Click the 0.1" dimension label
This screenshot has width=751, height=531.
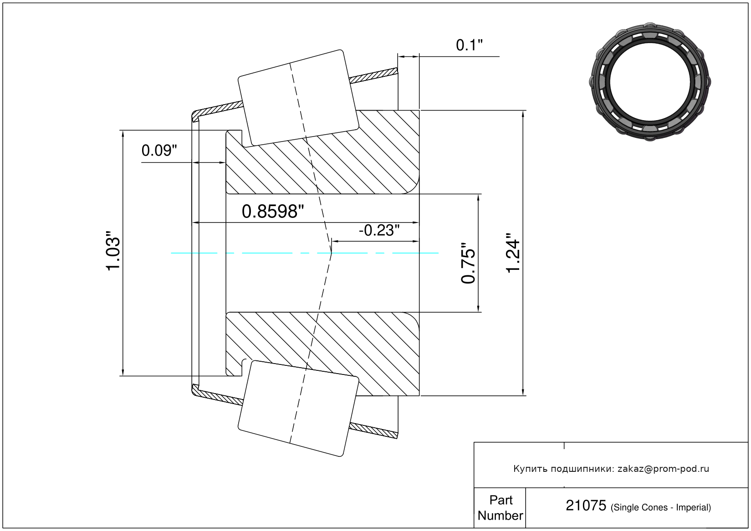pos(469,45)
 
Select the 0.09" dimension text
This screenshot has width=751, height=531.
pos(159,151)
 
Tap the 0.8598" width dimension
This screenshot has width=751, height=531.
pos(273,212)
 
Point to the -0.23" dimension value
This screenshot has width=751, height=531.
pos(379,230)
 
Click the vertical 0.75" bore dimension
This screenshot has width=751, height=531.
pos(468,263)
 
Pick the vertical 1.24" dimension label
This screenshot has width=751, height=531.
pos(513,253)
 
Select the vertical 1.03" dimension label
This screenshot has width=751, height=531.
pos(113,251)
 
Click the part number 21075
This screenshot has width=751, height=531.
pos(586,506)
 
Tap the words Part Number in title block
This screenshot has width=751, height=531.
pos(500,507)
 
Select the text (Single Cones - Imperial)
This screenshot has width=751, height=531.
pos(660,507)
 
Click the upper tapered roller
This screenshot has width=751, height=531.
pos(298,98)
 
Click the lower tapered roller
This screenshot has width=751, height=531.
pos(298,409)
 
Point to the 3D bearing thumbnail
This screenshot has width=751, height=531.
pos(650,82)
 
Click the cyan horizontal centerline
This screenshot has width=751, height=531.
pos(304,253)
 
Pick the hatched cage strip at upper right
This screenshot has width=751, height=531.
pos(373,76)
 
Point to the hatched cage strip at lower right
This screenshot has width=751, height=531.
pos(373,430)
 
